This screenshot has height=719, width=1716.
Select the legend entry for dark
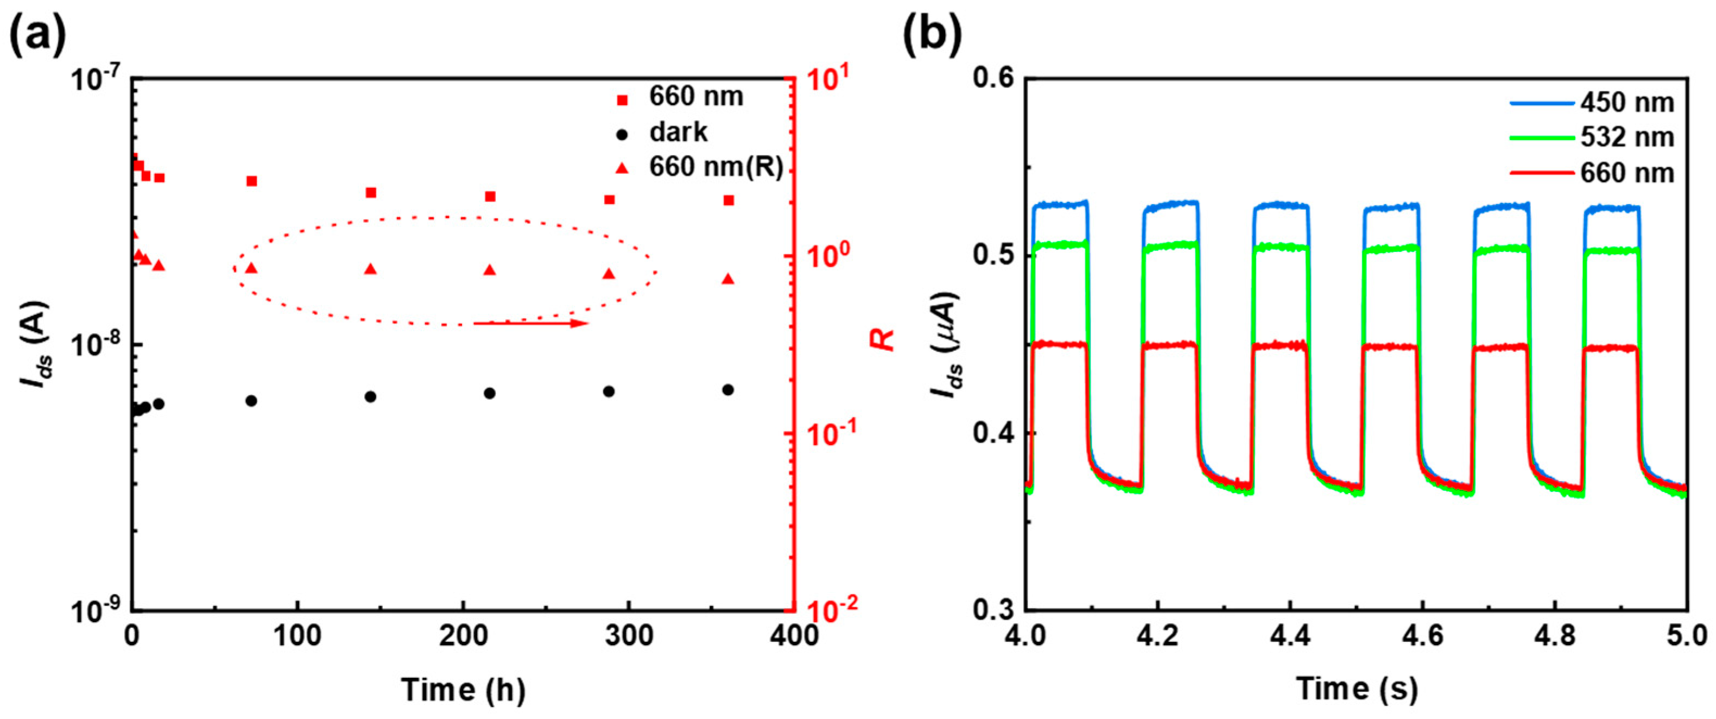pos(677,133)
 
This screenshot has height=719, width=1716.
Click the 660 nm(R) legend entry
pos(715,167)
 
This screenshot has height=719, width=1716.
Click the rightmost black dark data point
pos(728,389)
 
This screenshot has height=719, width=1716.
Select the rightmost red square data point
pos(729,200)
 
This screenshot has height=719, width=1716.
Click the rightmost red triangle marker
pos(728,279)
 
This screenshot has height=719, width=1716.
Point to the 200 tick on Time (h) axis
pos(463,636)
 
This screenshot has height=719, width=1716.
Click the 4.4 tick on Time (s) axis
pos(1290,636)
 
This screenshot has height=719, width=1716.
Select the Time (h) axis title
pos(463,690)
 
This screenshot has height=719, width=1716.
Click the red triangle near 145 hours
pos(370,269)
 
